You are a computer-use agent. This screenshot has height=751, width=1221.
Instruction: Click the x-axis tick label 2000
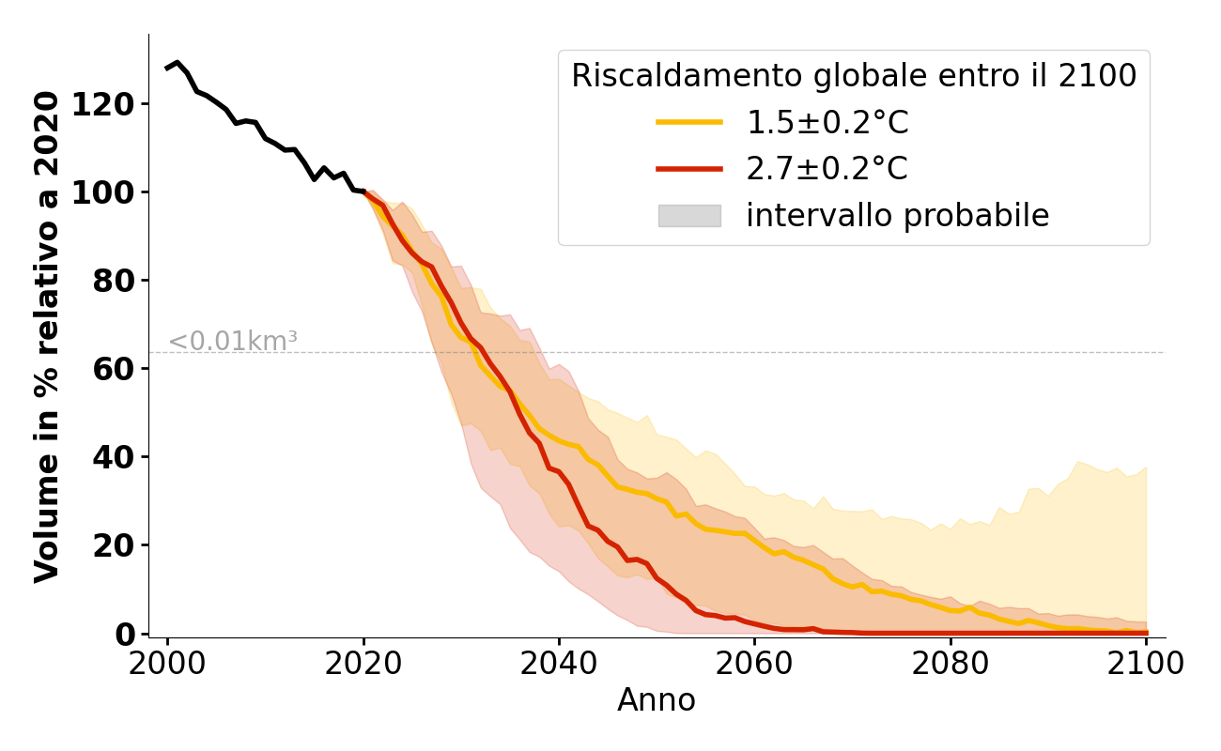tap(168, 664)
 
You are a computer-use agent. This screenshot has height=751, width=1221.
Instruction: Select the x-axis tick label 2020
tap(363, 664)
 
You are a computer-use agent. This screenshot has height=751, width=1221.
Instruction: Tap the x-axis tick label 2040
tap(559, 664)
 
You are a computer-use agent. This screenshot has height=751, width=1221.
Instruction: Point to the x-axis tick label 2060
tap(754, 664)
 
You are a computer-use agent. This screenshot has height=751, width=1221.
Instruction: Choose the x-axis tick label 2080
tap(950, 664)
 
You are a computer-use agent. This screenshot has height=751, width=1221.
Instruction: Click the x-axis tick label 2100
tap(1145, 664)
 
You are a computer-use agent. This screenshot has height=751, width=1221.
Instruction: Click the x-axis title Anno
tap(657, 701)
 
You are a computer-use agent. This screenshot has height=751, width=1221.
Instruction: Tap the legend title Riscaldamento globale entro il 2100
tap(854, 76)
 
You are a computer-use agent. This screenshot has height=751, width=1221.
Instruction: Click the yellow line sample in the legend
tap(689, 123)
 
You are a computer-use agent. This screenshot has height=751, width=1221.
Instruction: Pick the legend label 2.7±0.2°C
tap(827, 170)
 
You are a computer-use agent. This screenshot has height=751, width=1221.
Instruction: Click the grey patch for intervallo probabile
tap(689, 216)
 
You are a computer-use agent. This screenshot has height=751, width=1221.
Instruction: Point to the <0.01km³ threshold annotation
tap(233, 342)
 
